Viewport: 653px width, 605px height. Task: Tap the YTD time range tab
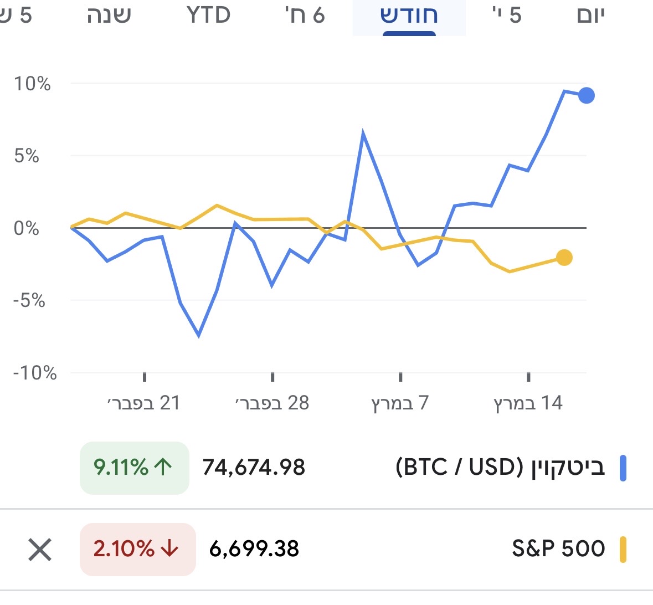(x=208, y=16)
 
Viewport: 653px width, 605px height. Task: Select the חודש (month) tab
(x=409, y=16)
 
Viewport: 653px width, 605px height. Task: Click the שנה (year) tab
(x=109, y=16)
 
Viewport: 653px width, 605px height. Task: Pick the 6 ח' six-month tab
(x=305, y=16)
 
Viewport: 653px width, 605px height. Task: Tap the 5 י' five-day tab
(x=507, y=16)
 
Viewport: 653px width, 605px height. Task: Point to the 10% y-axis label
(x=32, y=84)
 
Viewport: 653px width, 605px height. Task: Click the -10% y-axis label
(x=35, y=373)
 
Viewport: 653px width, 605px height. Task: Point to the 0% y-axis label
(x=27, y=228)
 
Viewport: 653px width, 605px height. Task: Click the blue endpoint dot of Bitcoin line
(x=586, y=96)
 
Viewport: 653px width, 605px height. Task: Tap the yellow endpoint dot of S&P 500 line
(x=564, y=258)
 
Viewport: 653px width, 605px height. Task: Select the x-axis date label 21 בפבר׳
(x=144, y=403)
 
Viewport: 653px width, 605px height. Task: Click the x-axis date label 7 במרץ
(x=400, y=403)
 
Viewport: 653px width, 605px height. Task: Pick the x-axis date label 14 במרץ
(x=528, y=403)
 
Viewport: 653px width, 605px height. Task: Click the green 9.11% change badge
(x=134, y=468)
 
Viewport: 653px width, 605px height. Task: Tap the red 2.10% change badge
(x=137, y=549)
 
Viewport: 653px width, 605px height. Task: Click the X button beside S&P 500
(x=40, y=550)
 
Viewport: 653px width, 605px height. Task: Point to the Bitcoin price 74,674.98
(x=254, y=468)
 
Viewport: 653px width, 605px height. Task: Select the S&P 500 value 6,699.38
(x=254, y=549)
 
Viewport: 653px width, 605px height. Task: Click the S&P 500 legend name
(x=558, y=548)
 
